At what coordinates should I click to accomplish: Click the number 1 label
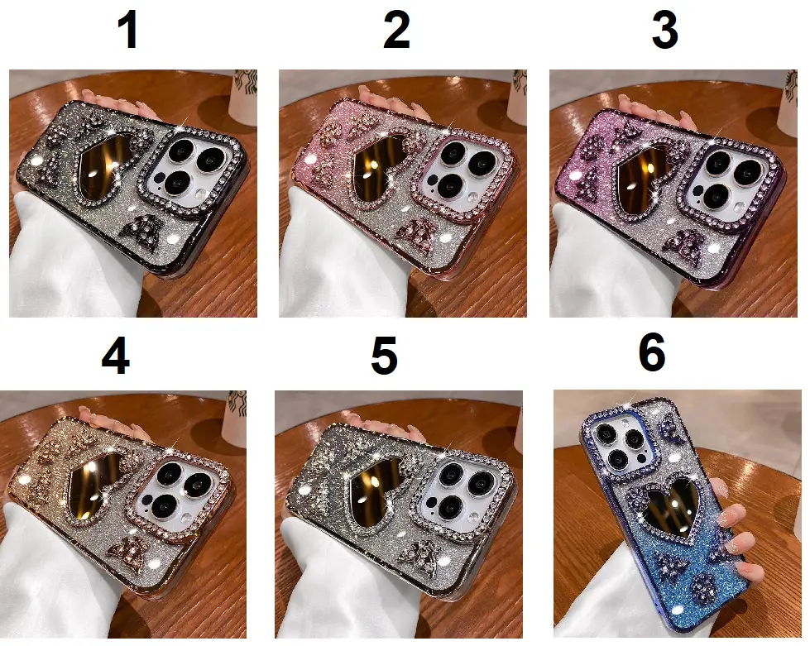127,31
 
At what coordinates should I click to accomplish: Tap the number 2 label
396,31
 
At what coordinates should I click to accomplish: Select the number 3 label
665,31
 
